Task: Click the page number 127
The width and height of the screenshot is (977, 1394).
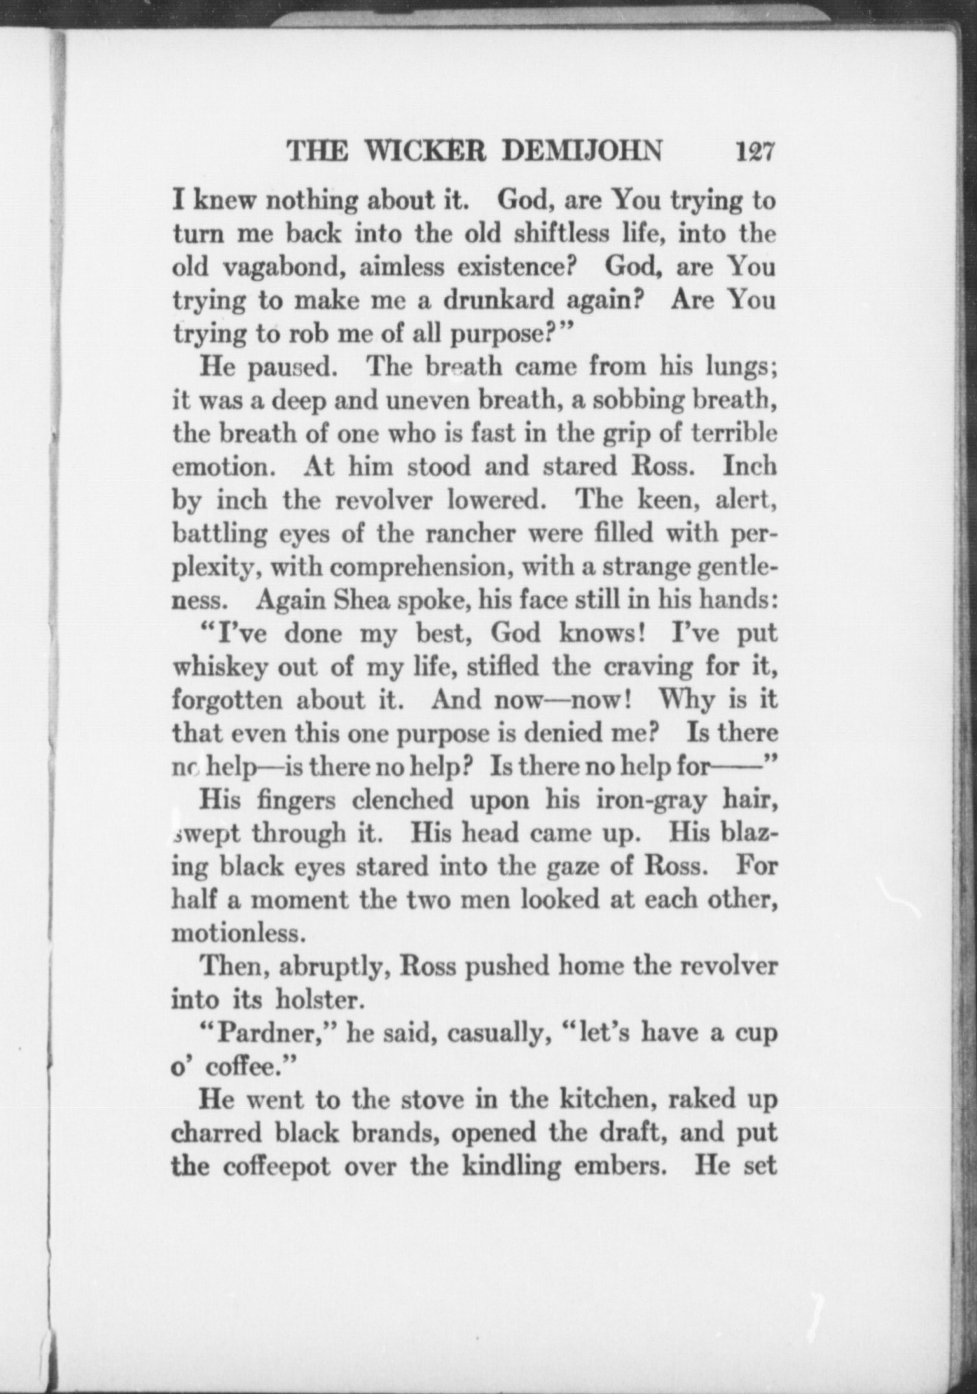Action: tap(755, 150)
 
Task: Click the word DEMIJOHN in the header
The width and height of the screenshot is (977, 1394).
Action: tap(582, 150)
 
